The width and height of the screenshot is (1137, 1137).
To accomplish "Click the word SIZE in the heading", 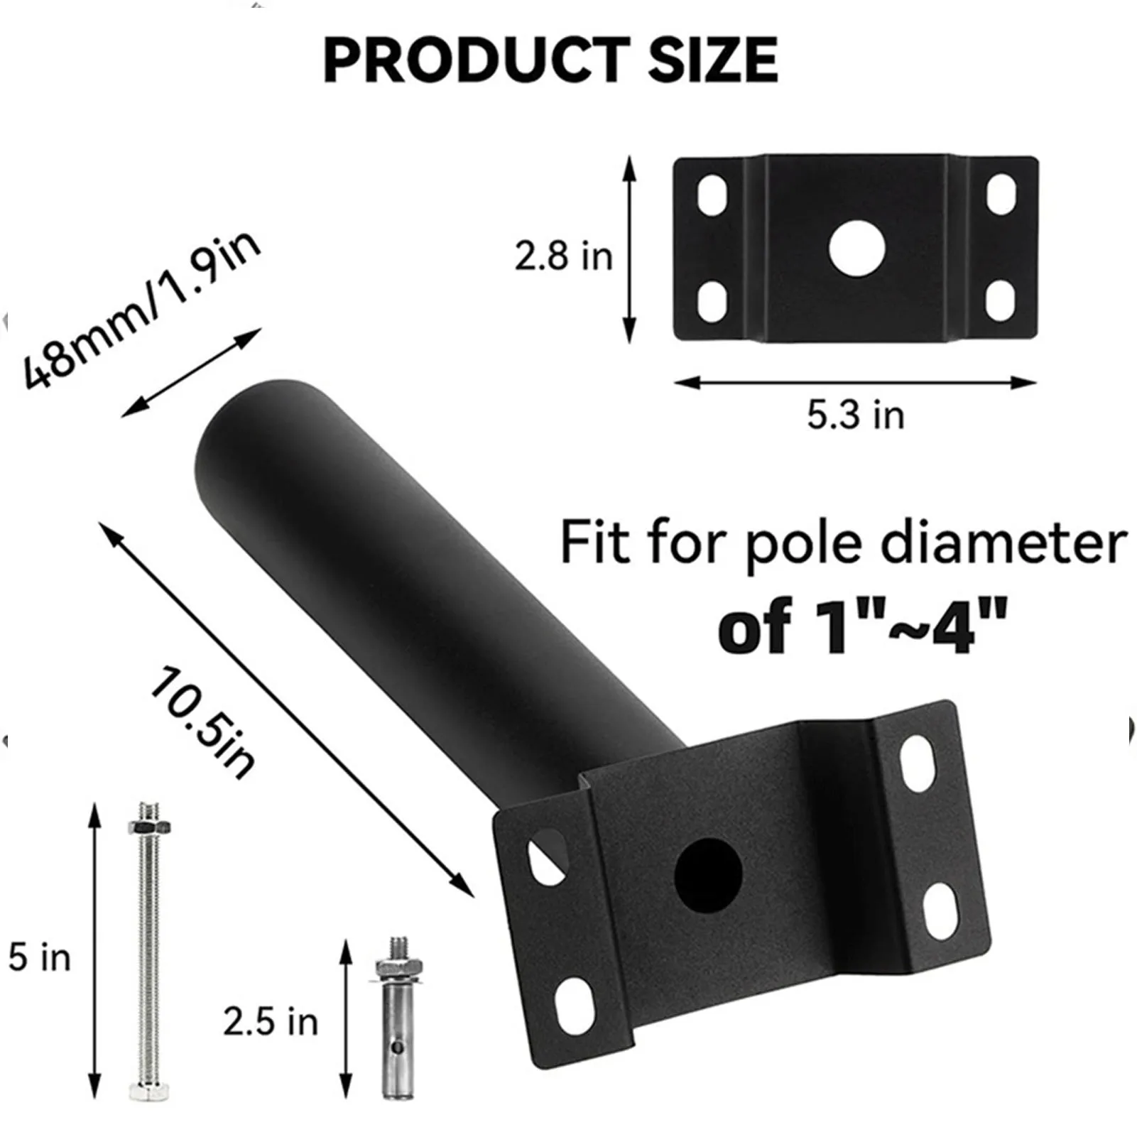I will pyautogui.click(x=712, y=60).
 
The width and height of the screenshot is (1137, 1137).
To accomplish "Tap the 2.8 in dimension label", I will pyautogui.click(x=563, y=256).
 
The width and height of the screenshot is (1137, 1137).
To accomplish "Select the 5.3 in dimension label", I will pyautogui.click(x=855, y=415).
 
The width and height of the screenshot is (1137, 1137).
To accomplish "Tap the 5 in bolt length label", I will pyautogui.click(x=39, y=957).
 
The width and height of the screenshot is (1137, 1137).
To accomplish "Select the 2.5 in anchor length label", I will pyautogui.click(x=271, y=1021).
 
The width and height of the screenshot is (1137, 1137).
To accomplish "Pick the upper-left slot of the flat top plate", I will pyautogui.click(x=712, y=194).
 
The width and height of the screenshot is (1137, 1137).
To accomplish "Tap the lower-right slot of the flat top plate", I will pyautogui.click(x=1001, y=300).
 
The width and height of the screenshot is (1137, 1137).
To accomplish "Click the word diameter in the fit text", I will pyautogui.click(x=1003, y=544).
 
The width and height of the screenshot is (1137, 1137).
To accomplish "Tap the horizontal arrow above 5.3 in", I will pyautogui.click(x=855, y=383).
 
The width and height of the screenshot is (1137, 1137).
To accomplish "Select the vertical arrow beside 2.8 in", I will pyautogui.click(x=629, y=250).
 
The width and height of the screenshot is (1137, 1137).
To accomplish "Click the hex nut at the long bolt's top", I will pyautogui.click(x=149, y=826).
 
